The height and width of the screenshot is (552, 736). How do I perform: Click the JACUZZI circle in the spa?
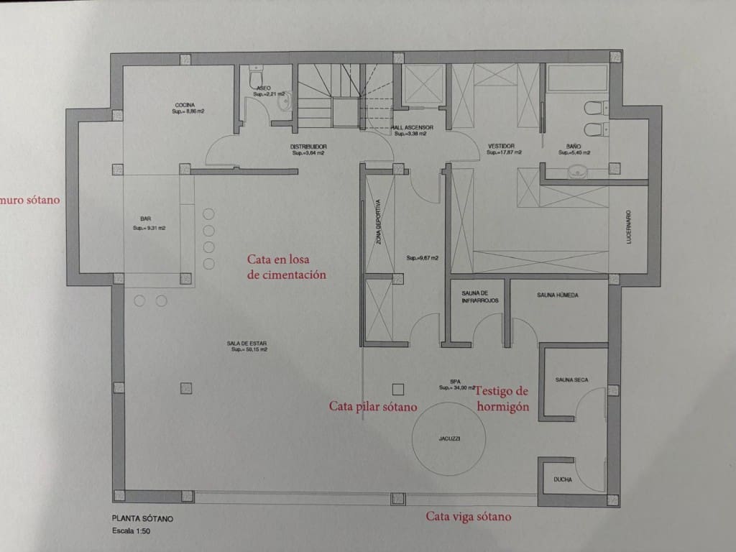click(x=448, y=438)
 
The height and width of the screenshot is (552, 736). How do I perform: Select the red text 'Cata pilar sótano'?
click(x=372, y=407)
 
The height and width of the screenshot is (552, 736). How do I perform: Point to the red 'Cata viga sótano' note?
click(x=469, y=516)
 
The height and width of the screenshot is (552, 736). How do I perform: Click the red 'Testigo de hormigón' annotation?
click(x=503, y=399)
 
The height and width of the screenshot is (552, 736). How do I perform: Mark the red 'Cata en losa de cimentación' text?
click(x=287, y=267)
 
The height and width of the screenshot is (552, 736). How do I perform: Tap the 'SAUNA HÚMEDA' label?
click(x=558, y=295)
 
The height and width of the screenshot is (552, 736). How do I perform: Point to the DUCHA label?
click(x=563, y=479)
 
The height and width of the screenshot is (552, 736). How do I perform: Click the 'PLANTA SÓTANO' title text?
click(x=142, y=518)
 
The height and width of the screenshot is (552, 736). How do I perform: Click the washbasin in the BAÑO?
click(x=577, y=172)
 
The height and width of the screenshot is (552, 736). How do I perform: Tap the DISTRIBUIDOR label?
click(x=308, y=149)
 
